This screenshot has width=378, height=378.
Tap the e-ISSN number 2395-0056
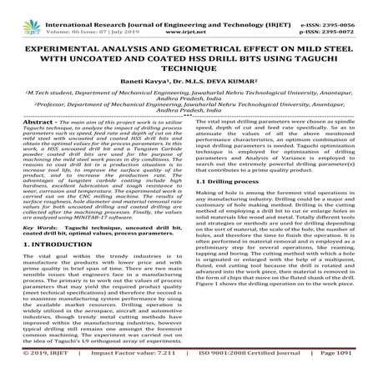coord(342,6)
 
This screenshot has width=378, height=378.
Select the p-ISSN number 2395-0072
coord(343,16)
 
